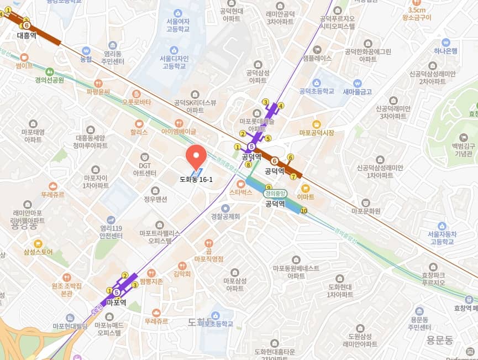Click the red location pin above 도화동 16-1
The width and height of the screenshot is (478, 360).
coord(196,156)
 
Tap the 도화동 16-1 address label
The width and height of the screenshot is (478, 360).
coord(196,179)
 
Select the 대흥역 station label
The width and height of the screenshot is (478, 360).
coord(27,35)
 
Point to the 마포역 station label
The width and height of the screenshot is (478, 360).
coord(117,302)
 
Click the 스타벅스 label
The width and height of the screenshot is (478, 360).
coord(240,192)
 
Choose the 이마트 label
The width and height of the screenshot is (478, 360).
coord(305,196)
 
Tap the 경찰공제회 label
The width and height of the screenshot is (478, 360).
coord(225,216)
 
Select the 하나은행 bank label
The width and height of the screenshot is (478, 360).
coord(445,51)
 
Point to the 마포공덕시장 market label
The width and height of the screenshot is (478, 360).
coord(317,133)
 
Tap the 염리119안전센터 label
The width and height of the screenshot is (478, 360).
coord(111,230)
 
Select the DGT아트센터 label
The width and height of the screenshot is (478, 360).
coord(145,169)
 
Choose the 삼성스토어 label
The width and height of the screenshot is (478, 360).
coord(38,252)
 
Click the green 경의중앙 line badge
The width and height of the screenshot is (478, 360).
coord(275,194)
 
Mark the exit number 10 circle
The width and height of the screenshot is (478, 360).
coord(304,210)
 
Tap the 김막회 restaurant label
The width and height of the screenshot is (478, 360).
coord(182,274)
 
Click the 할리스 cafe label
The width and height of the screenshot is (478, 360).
coord(139,132)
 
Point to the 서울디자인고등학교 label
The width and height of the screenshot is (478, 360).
coord(174,62)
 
